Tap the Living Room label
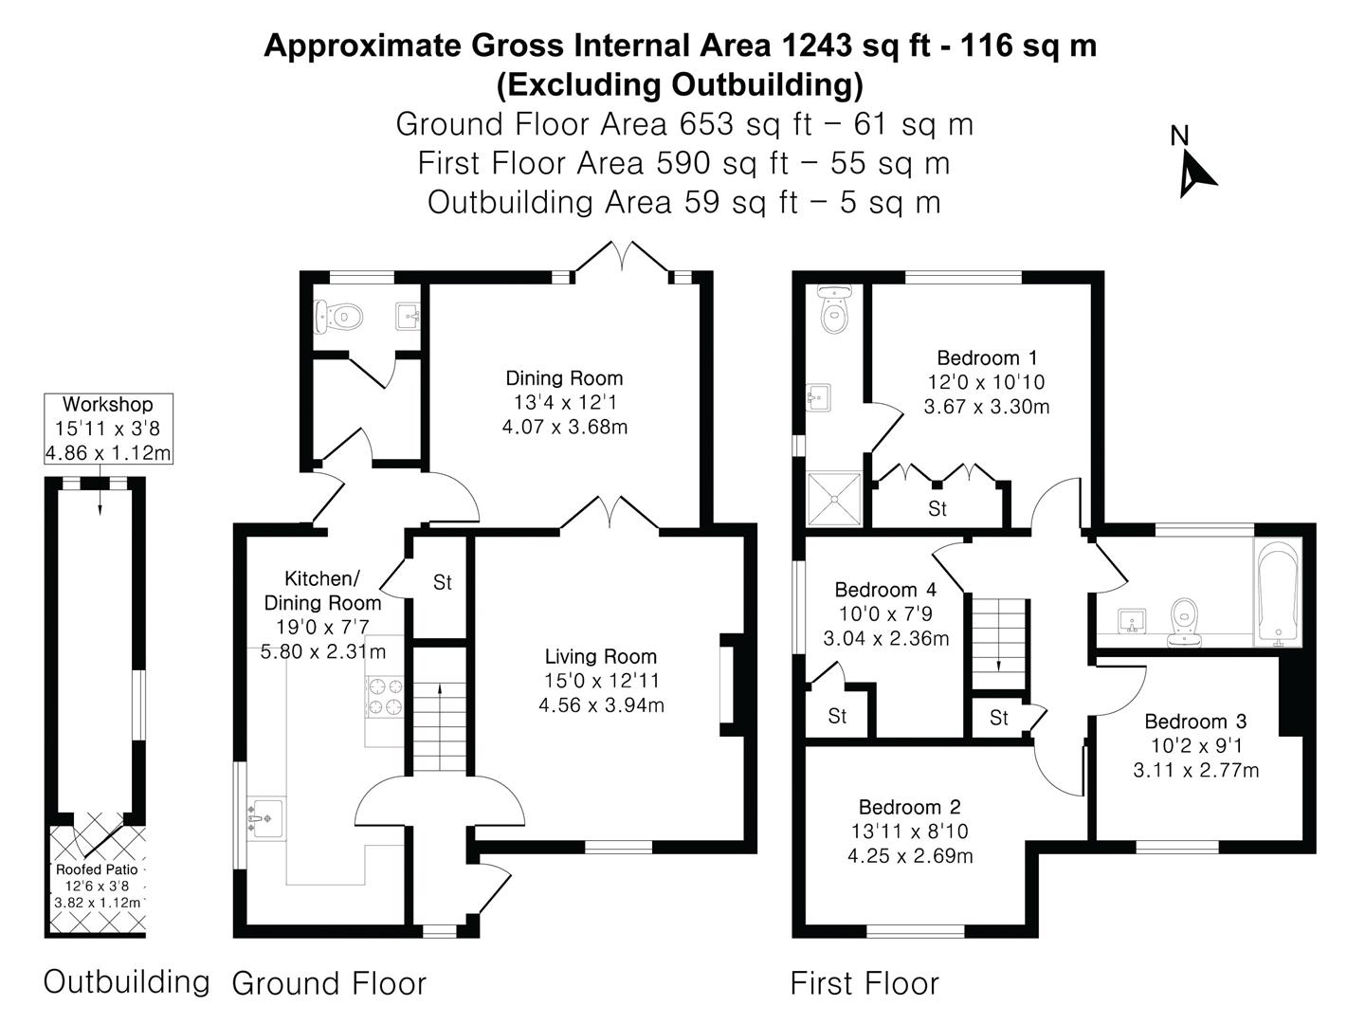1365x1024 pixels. point(601,656)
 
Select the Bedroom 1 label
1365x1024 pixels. point(987,358)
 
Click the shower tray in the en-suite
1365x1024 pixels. point(834,499)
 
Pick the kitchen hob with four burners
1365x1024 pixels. point(386,696)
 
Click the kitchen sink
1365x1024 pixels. point(266,818)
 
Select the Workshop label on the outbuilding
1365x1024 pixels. point(107,404)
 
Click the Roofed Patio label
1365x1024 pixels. point(97,869)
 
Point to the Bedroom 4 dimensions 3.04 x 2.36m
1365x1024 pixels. point(886,638)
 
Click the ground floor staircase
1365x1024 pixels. point(440,711)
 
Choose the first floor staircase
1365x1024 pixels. point(999,644)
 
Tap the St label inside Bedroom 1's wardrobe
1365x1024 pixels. point(937,508)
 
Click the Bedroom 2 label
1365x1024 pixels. point(910,807)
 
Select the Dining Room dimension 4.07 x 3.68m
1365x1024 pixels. point(565,427)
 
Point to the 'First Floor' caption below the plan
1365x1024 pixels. point(864,983)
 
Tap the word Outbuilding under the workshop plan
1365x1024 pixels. point(126,982)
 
